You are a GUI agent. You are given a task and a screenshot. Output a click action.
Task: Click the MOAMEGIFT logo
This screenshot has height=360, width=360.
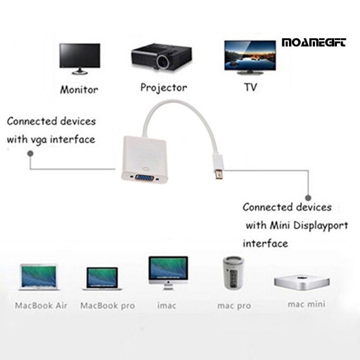(x=314, y=43)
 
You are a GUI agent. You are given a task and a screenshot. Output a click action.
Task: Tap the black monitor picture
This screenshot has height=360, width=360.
(x=80, y=58)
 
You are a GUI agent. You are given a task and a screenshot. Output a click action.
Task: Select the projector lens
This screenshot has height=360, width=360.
(x=164, y=61)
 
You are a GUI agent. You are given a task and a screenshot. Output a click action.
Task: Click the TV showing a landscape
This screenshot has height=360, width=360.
(x=250, y=57)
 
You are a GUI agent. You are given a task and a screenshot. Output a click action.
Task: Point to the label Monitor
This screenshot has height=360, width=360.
(x=79, y=89)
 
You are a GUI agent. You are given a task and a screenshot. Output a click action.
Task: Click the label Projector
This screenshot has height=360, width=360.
(x=164, y=88)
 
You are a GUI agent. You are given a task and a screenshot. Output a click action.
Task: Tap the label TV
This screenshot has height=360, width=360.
(x=250, y=87)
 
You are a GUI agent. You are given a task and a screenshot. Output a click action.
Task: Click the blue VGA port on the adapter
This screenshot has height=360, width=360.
(x=145, y=178)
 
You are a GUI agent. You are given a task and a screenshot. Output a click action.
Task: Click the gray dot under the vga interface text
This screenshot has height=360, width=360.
(x=30, y=154)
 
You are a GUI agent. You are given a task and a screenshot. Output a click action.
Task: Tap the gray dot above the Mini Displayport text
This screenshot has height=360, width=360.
(x=308, y=197)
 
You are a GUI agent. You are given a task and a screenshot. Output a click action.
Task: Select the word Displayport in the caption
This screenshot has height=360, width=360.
(x=321, y=226)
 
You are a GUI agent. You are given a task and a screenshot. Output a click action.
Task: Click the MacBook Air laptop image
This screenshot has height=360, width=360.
(x=39, y=277)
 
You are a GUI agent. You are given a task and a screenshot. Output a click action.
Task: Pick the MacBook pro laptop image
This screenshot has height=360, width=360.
(x=102, y=279)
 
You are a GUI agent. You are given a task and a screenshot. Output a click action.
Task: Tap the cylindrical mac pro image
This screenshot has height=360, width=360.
(x=233, y=272)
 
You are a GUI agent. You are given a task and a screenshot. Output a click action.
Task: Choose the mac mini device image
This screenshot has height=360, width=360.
(x=302, y=282)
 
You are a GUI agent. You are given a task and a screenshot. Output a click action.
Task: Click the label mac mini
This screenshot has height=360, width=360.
(x=307, y=304)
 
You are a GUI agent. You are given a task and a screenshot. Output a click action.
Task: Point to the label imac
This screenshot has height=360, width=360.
(x=166, y=305)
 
